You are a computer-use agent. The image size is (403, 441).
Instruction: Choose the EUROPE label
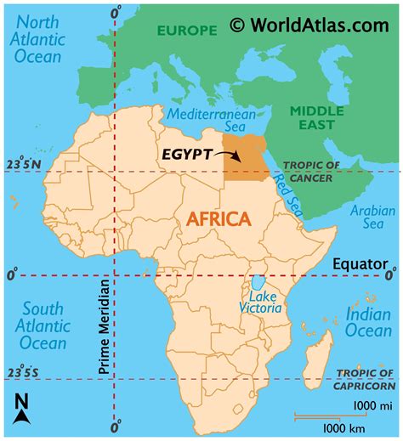point(186,31)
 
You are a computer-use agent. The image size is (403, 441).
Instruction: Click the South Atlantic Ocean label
point(43,325)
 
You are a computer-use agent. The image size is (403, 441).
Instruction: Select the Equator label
point(358,263)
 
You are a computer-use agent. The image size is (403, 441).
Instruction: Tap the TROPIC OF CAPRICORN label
point(368,379)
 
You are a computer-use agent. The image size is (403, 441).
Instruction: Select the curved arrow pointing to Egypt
point(224,155)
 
